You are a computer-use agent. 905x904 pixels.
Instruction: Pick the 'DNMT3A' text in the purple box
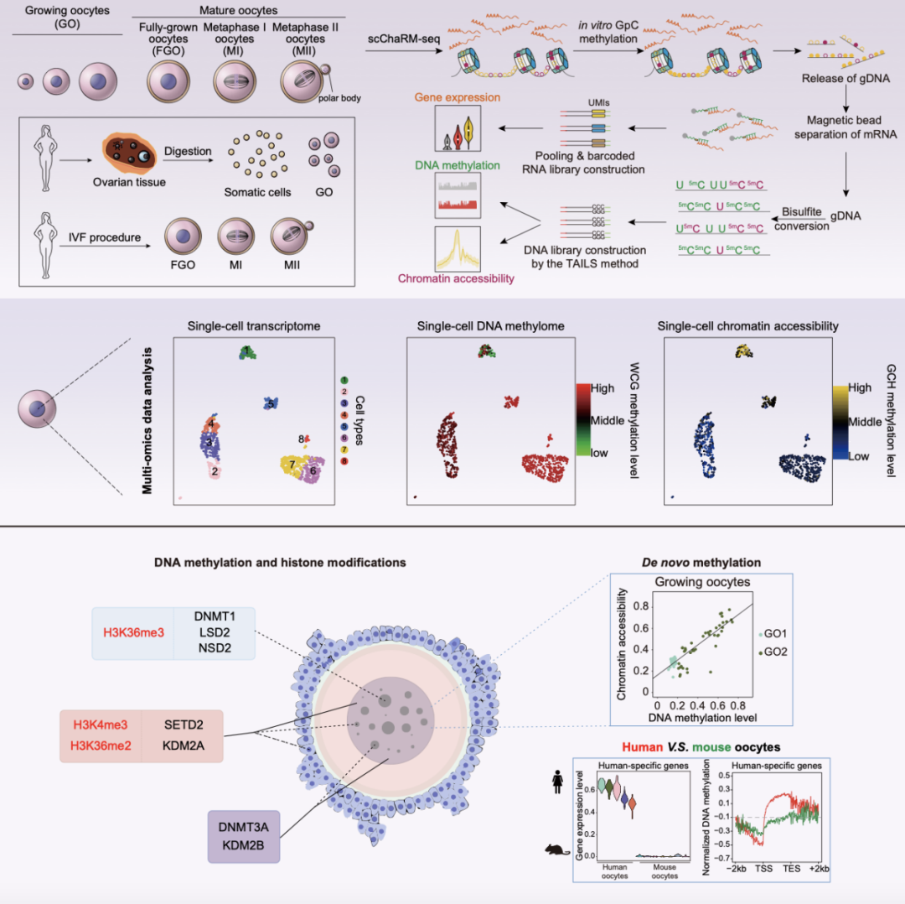[243, 827]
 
